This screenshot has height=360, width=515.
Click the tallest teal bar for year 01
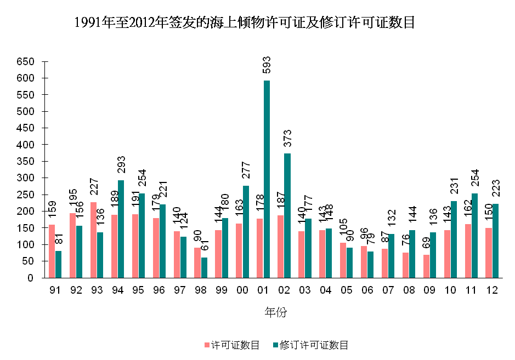click(x=267, y=179)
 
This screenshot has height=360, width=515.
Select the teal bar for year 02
click(x=287, y=215)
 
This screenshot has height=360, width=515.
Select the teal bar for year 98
click(x=204, y=267)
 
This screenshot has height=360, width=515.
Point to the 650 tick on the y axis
click(x=25, y=61)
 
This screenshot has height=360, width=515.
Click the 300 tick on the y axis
click(x=25, y=178)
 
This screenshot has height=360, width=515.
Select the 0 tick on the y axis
click(x=31, y=278)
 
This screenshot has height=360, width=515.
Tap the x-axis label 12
click(x=493, y=291)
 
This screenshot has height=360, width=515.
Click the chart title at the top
click(x=244, y=23)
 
